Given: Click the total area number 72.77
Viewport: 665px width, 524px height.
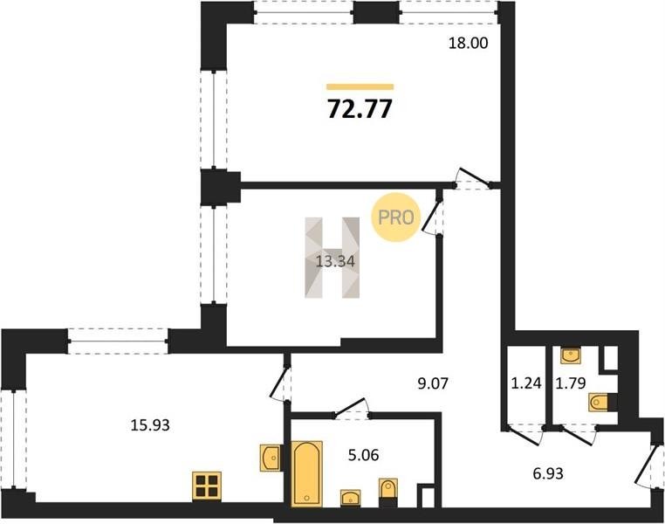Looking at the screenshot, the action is click(360, 109).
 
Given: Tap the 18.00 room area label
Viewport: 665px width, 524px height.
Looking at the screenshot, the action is click(469, 43).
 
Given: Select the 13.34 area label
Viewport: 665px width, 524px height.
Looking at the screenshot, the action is click(335, 261).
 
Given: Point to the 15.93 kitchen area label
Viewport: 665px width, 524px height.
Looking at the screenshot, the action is click(150, 424).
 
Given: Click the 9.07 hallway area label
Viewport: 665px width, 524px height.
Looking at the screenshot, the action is click(433, 383).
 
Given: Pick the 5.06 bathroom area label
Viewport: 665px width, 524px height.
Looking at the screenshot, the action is click(363, 455).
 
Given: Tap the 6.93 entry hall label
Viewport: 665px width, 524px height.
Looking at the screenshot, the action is click(548, 472).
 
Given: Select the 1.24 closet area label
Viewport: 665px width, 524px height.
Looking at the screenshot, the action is click(526, 383).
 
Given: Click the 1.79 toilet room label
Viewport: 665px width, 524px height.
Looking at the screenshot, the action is click(571, 383).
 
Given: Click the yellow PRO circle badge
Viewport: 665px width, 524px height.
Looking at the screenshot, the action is click(395, 217).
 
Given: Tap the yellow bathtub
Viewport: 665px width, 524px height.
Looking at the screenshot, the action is click(306, 473).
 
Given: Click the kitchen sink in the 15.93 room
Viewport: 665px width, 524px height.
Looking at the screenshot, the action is click(271, 458).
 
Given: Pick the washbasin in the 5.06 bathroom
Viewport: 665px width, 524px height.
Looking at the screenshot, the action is click(350, 498).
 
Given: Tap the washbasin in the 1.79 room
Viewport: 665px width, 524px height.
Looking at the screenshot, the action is click(571, 355).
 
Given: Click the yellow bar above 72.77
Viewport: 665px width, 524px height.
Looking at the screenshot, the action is click(360, 87).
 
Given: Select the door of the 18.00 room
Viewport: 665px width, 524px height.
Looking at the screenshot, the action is click(474, 178).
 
